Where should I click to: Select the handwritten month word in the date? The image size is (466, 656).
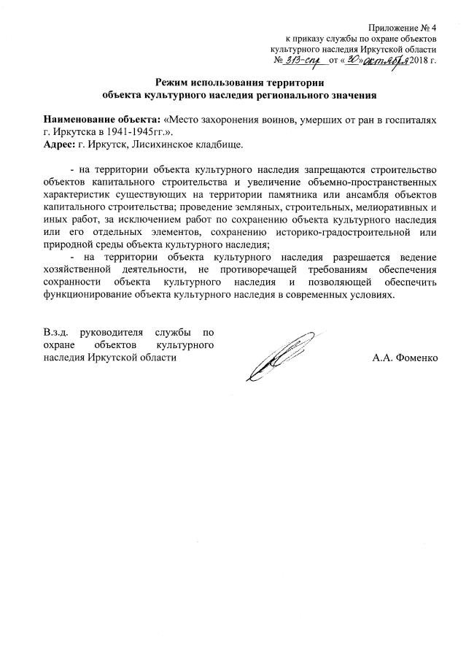pyautogui.click(x=386, y=59)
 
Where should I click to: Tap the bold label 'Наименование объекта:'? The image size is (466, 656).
pyautogui.click(x=101, y=120)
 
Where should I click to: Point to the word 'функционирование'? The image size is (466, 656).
pyautogui.click(x=88, y=296)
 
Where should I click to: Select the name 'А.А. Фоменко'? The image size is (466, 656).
pyautogui.click(x=404, y=358)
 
